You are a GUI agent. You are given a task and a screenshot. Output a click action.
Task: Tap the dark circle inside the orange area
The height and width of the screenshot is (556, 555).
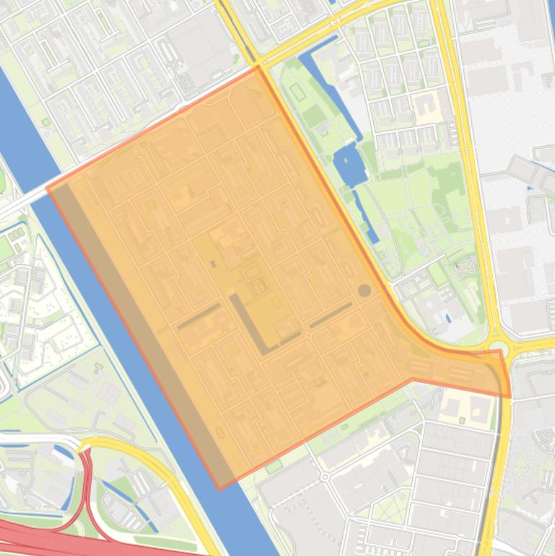364,290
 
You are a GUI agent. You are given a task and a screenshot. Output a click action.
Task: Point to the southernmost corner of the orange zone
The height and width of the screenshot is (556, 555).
220,489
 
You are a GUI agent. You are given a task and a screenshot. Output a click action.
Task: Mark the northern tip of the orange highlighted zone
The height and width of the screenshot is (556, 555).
258,67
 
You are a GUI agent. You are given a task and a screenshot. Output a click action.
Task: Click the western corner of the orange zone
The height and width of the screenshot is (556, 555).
47,189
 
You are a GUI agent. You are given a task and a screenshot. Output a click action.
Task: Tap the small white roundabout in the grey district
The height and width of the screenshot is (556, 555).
325,477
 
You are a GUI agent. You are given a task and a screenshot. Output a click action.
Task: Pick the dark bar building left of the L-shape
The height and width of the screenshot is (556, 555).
198,316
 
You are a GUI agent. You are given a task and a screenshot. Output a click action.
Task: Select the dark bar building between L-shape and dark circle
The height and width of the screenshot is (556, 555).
331,315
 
